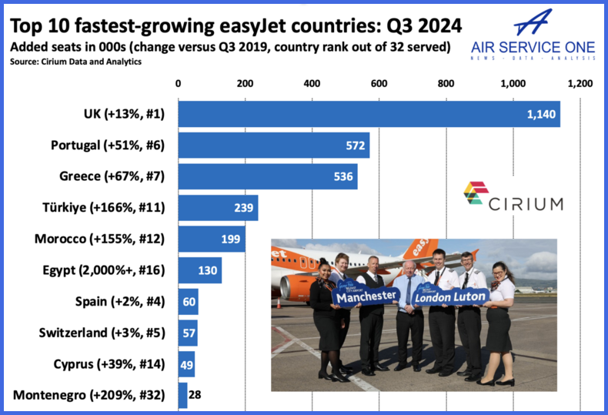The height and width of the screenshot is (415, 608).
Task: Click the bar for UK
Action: (369, 114)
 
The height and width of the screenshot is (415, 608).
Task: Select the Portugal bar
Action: (273, 146)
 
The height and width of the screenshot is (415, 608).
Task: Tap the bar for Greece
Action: (267, 176)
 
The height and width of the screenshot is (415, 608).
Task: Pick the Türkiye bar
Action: (218, 208)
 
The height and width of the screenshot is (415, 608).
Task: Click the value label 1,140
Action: (540, 114)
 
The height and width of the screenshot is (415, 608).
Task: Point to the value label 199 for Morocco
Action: (229, 239)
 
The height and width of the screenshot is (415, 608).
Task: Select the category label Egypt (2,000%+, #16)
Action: (112, 270)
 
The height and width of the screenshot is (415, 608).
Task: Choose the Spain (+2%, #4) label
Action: (119, 302)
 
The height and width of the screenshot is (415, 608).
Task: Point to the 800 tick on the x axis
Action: (446, 84)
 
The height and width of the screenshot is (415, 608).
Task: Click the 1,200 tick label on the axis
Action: (580, 84)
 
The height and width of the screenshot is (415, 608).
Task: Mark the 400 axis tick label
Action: (312, 84)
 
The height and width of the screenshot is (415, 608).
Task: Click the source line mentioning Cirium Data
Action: (75, 62)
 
